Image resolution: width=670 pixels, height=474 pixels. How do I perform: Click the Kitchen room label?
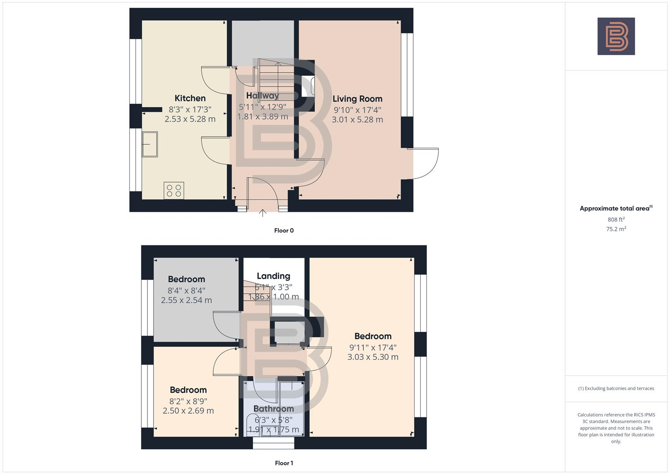(x=190, y=98)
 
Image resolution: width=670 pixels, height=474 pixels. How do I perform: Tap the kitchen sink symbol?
(x=150, y=144)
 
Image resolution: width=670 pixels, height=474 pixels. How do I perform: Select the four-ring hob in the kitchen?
(x=174, y=190)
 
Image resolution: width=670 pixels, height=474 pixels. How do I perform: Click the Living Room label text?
(x=357, y=99)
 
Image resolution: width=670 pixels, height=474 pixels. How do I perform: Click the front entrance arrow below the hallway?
(x=262, y=213)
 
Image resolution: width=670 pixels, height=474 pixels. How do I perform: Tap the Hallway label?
(x=262, y=96)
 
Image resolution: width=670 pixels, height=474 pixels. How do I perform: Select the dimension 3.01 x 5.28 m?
(x=357, y=119)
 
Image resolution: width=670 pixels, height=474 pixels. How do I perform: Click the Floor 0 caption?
(x=284, y=230)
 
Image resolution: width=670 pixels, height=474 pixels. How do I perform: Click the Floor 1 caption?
(x=284, y=463)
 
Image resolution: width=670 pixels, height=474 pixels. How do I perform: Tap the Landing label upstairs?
(x=273, y=276)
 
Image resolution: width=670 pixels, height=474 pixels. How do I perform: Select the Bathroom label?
(x=273, y=409)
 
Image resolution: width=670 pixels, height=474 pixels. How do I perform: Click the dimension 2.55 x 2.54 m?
(x=186, y=300)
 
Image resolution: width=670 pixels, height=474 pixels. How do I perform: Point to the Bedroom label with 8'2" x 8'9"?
(x=188, y=390)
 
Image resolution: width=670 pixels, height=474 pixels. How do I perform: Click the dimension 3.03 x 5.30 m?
(x=373, y=357)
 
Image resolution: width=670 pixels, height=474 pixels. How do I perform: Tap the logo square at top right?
(x=616, y=36)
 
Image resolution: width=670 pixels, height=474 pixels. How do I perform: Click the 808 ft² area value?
(x=616, y=219)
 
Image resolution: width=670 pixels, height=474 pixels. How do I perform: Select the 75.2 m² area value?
(x=616, y=229)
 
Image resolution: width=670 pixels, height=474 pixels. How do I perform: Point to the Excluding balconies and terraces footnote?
(x=616, y=388)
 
